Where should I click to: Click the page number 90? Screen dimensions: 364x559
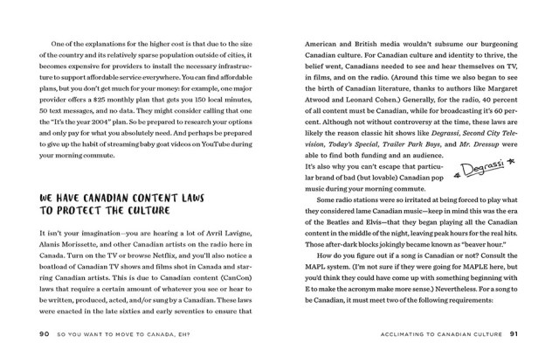tap(44, 333)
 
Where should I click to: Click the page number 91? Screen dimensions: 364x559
tap(516, 333)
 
